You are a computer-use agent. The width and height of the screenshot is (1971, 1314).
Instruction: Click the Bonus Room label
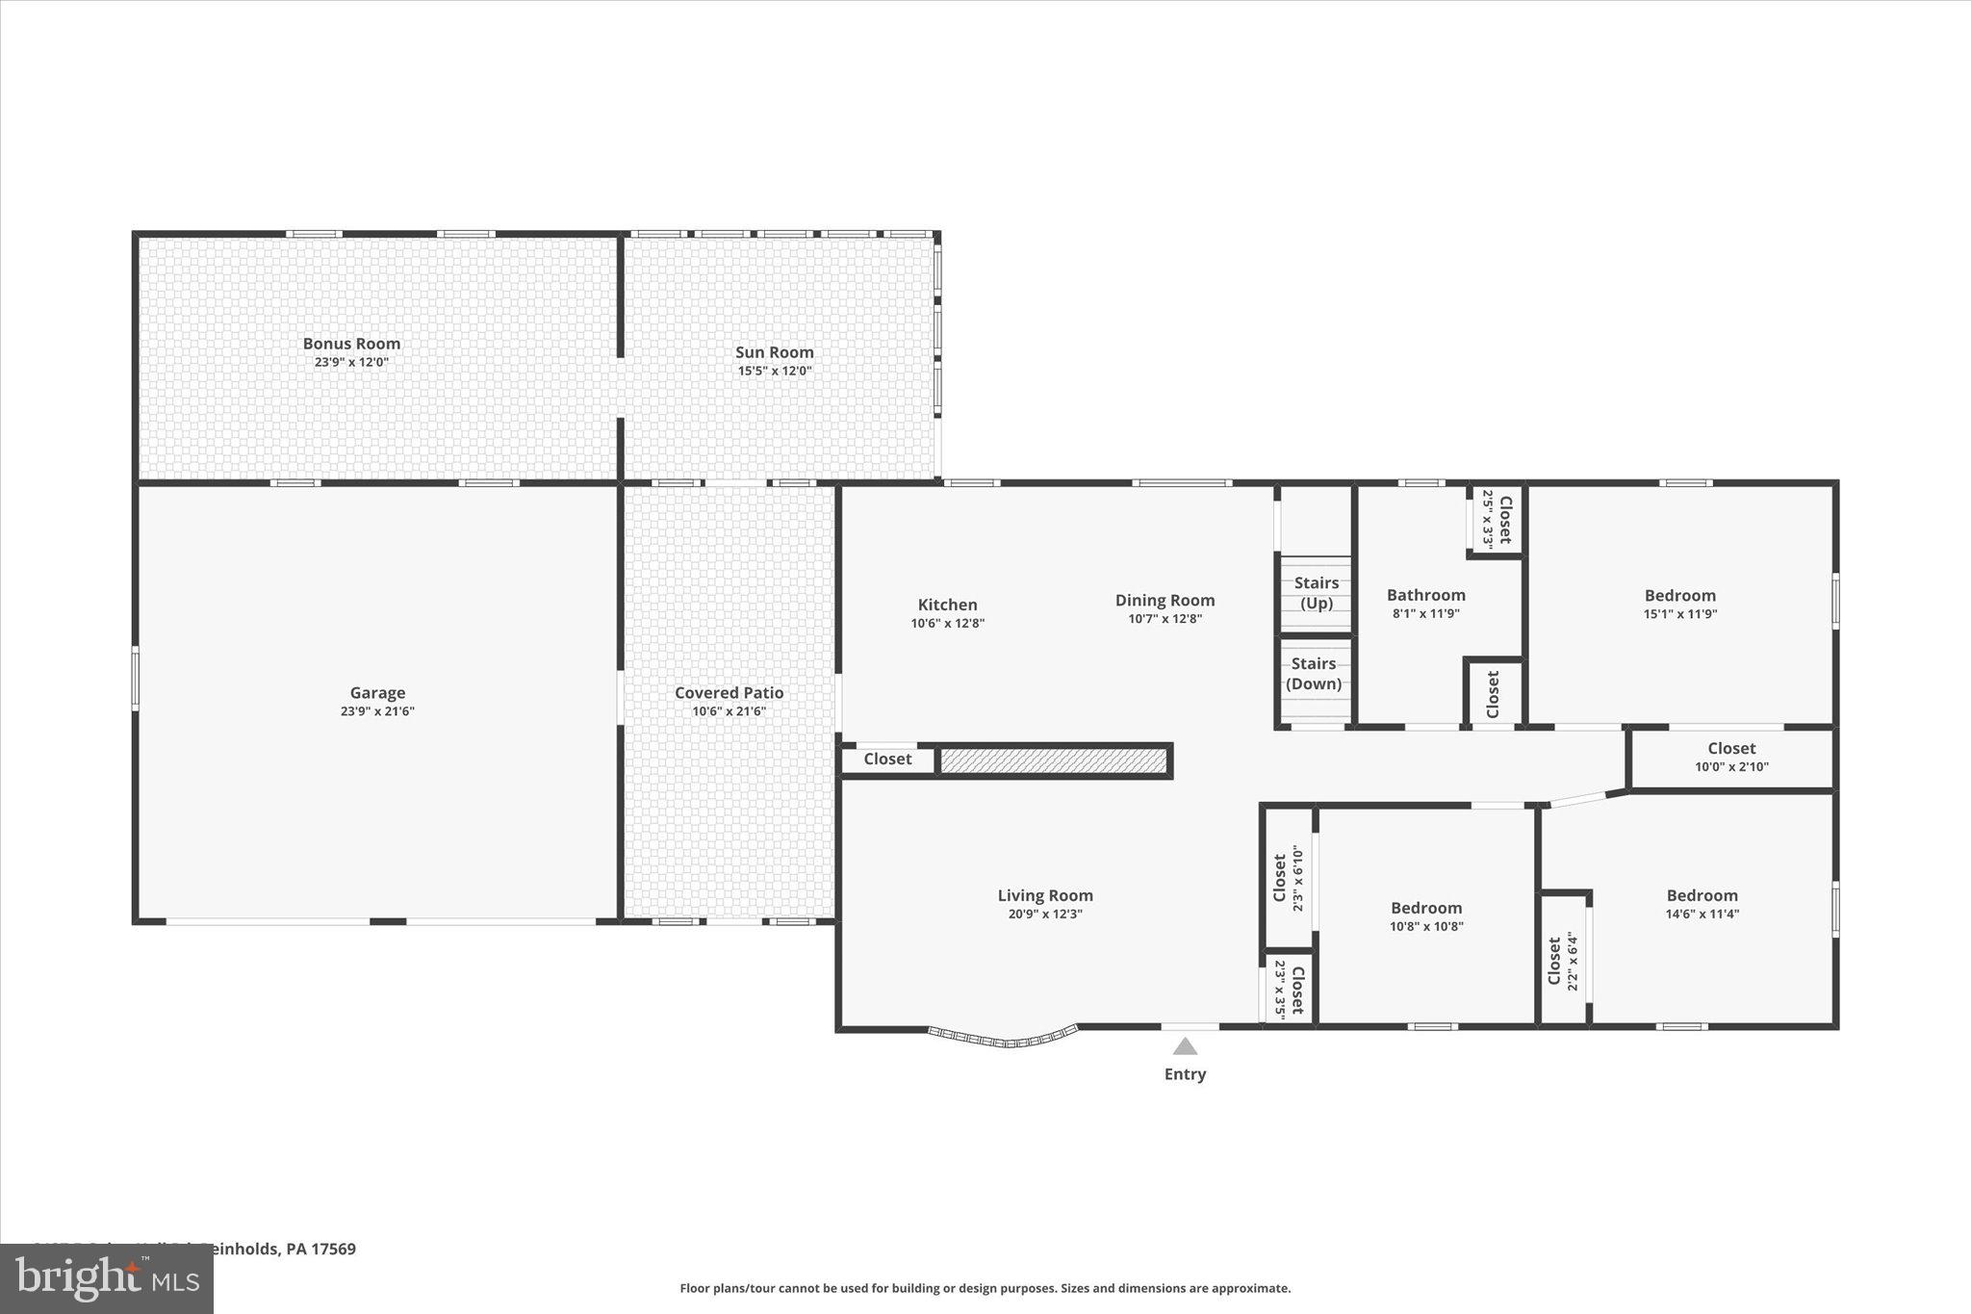tap(351, 344)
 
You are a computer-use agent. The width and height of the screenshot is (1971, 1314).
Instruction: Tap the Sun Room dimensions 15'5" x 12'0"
tap(774, 371)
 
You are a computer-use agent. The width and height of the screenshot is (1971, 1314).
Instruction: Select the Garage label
tap(377, 692)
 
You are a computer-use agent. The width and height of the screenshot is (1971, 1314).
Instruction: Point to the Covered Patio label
tap(729, 692)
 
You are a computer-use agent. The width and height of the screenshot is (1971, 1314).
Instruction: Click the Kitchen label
tap(947, 605)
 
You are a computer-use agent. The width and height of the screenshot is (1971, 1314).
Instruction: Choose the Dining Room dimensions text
tap(1165, 619)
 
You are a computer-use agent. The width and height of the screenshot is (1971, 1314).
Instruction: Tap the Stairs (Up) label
tap(1316, 593)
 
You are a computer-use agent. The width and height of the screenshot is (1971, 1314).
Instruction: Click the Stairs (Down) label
tap(1314, 674)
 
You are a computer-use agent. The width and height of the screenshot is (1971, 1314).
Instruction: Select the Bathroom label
tap(1425, 595)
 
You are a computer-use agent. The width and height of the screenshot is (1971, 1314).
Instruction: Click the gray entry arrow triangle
tap(1185, 1046)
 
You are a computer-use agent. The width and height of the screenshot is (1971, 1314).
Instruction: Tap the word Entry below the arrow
tap(1185, 1074)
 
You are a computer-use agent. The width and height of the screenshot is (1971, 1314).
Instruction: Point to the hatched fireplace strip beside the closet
tap(1053, 761)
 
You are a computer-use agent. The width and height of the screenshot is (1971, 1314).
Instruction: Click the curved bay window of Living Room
tap(1003, 1039)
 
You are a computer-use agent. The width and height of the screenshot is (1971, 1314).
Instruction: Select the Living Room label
tap(1045, 895)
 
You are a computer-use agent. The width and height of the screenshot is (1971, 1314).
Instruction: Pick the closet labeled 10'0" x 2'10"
tap(1731, 757)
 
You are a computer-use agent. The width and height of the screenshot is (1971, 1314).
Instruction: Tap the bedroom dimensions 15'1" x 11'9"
tap(1679, 614)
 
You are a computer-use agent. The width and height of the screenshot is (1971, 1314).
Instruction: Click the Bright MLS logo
tap(107, 1278)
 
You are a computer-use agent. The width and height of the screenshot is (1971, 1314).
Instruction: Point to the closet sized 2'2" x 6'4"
tap(1562, 961)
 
